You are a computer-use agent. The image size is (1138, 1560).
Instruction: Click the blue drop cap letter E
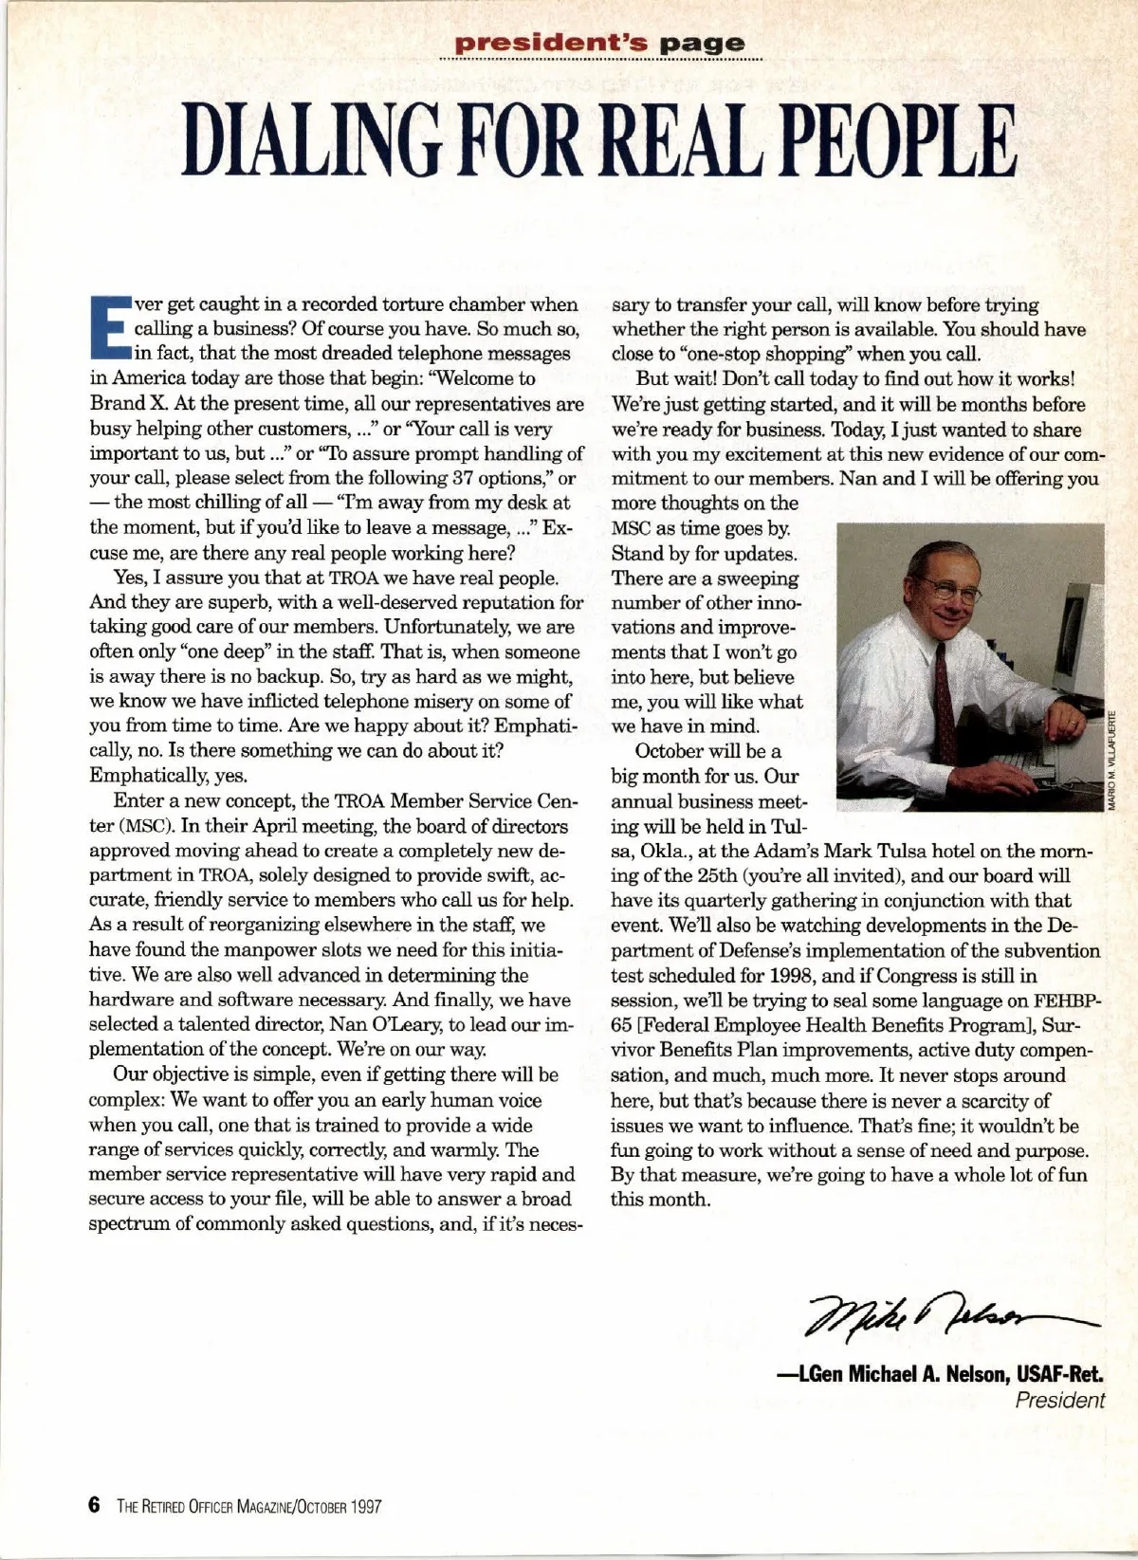[109, 328]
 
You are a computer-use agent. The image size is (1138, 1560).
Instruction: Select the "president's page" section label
[600, 43]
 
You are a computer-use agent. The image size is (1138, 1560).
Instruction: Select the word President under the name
[1059, 1400]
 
